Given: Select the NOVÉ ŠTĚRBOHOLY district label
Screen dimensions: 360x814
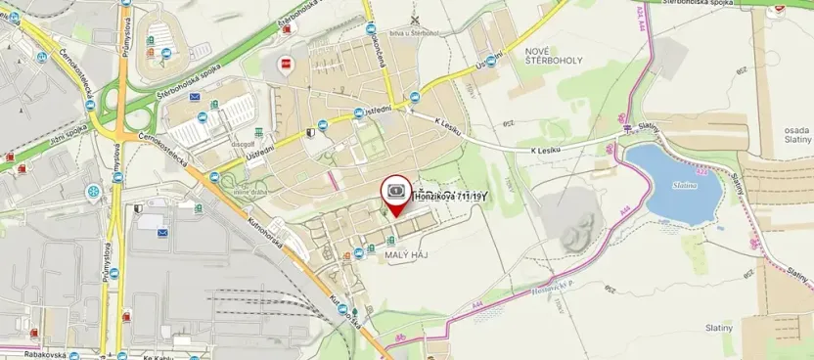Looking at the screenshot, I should tap(553, 60).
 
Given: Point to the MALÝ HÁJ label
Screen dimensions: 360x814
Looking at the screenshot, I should tap(408, 254).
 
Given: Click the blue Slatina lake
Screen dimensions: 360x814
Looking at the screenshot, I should tap(676, 184).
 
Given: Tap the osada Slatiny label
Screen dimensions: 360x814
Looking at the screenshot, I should tap(790, 133).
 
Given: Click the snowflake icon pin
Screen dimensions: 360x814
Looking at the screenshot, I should tap(93, 192).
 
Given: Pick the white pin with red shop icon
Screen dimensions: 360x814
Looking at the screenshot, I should tap(286, 66).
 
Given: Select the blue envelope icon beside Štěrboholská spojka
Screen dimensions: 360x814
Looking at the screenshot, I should tap(195, 97).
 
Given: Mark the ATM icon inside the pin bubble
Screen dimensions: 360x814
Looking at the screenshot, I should tap(396, 189).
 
